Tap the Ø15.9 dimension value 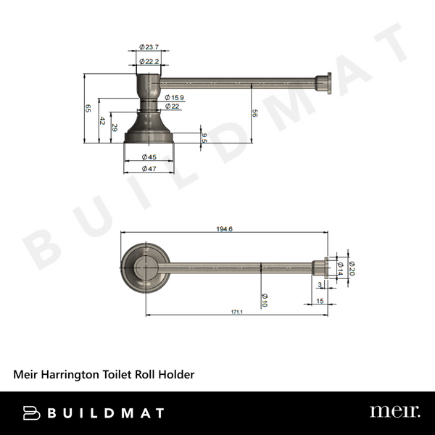tap(175, 97)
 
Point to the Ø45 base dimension tap(149, 157)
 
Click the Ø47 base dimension tap(149, 168)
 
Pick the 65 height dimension tap(88, 108)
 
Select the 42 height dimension tap(102, 121)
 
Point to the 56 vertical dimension tap(254, 112)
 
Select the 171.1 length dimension tap(236, 312)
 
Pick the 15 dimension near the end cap tap(320, 300)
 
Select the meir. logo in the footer tap(394, 412)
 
